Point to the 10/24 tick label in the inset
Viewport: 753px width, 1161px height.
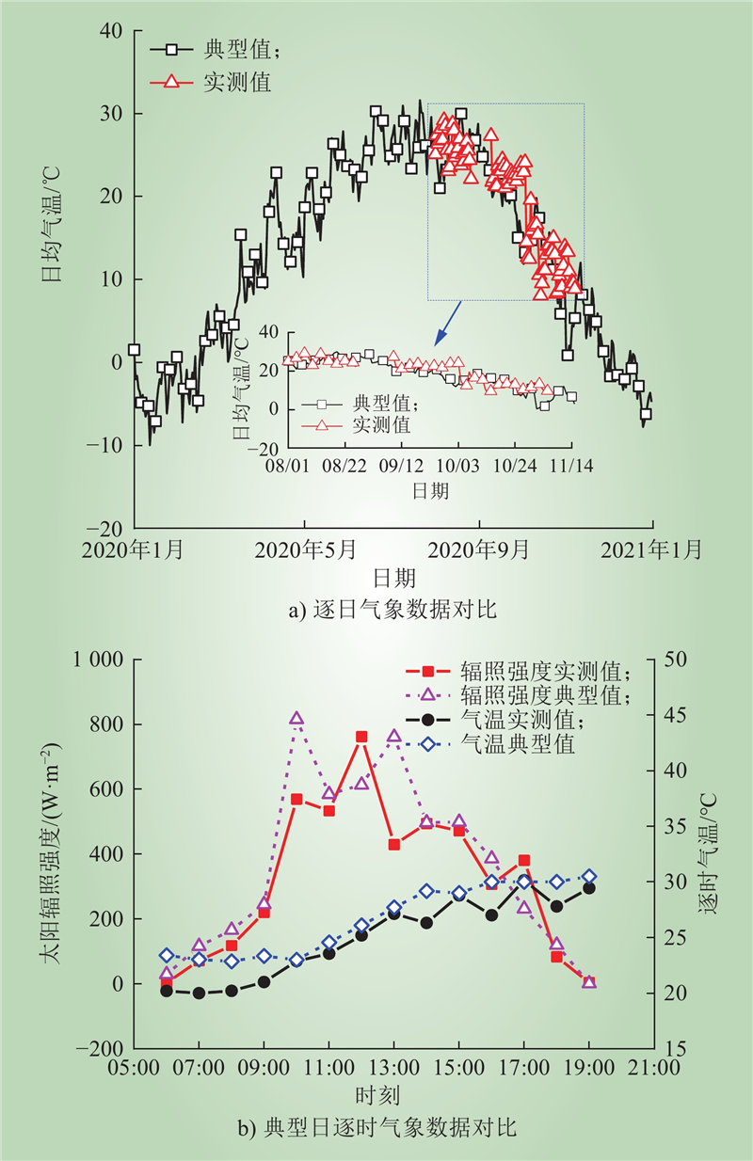point(514,466)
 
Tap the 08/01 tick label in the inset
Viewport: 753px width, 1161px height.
point(288,466)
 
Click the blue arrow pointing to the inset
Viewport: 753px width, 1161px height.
point(445,321)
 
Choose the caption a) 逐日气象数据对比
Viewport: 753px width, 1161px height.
point(393,611)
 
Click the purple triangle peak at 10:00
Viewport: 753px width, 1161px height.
point(296,719)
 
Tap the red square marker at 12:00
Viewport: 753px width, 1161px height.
point(361,737)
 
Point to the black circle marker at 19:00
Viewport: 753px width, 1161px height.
point(589,887)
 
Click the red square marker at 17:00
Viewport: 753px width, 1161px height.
point(524,861)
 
